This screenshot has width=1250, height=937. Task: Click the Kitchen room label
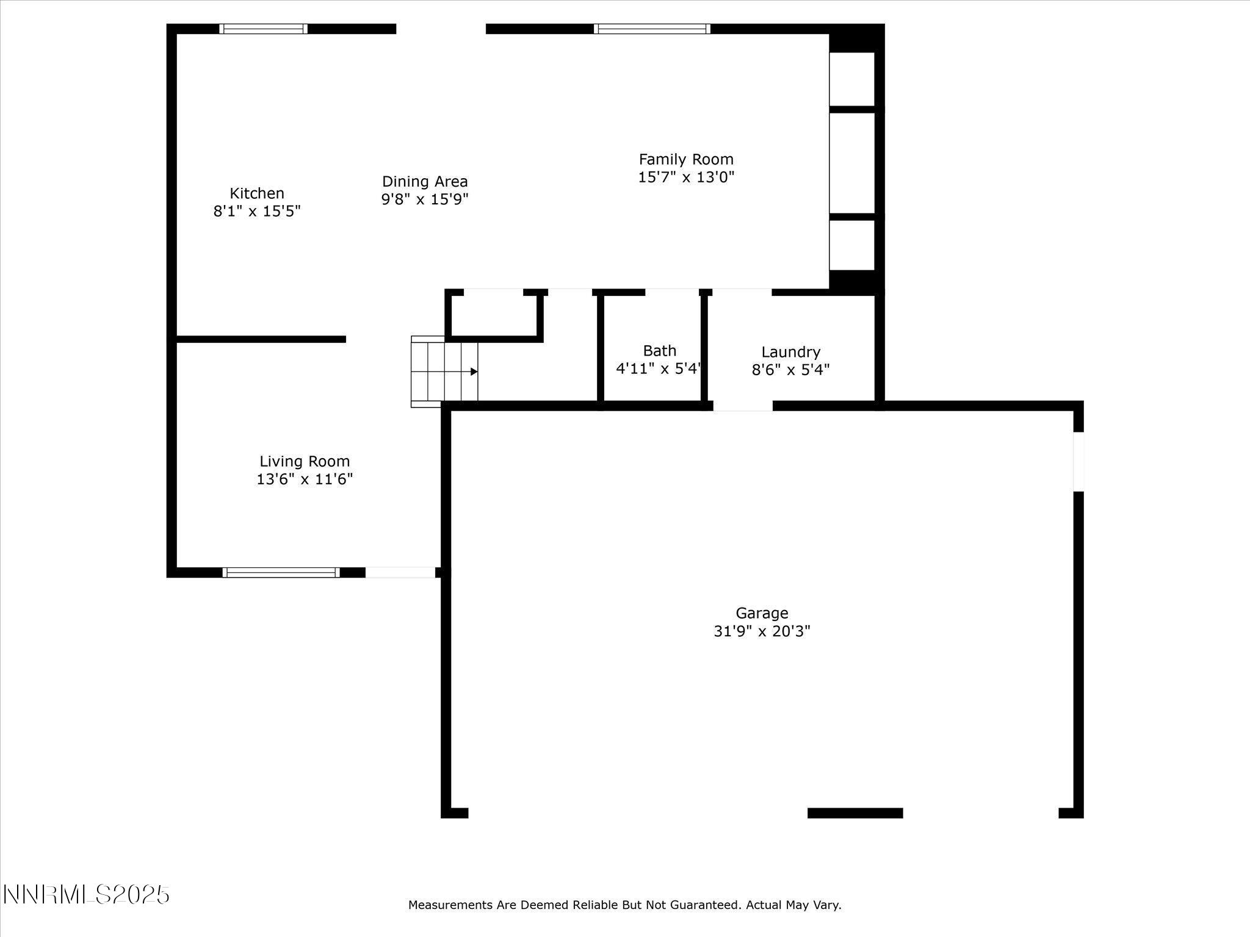coord(256,193)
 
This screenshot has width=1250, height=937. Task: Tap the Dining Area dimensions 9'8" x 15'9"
coord(425,199)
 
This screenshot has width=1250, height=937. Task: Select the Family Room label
coord(686,159)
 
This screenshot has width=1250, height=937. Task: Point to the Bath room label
coord(659,351)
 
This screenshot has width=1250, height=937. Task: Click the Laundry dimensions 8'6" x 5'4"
coord(790,370)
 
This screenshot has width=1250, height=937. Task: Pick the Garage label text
coord(762,613)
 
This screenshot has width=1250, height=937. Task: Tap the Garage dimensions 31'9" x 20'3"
coord(762,631)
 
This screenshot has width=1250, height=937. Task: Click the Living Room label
coord(305,462)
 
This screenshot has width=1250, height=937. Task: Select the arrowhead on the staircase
coord(474,372)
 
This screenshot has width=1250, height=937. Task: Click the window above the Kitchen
coord(263,29)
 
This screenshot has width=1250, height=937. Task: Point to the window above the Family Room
coord(652,29)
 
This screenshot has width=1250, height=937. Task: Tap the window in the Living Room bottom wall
coord(281,572)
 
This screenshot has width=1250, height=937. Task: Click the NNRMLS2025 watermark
coord(86,895)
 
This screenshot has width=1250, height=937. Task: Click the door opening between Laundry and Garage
coord(742,406)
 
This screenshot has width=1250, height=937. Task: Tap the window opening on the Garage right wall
coord(1078,462)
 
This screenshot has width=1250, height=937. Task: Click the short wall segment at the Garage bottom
coord(854,813)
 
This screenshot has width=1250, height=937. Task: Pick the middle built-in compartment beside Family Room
coord(852,163)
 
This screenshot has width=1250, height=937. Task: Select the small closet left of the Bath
coord(494,315)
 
